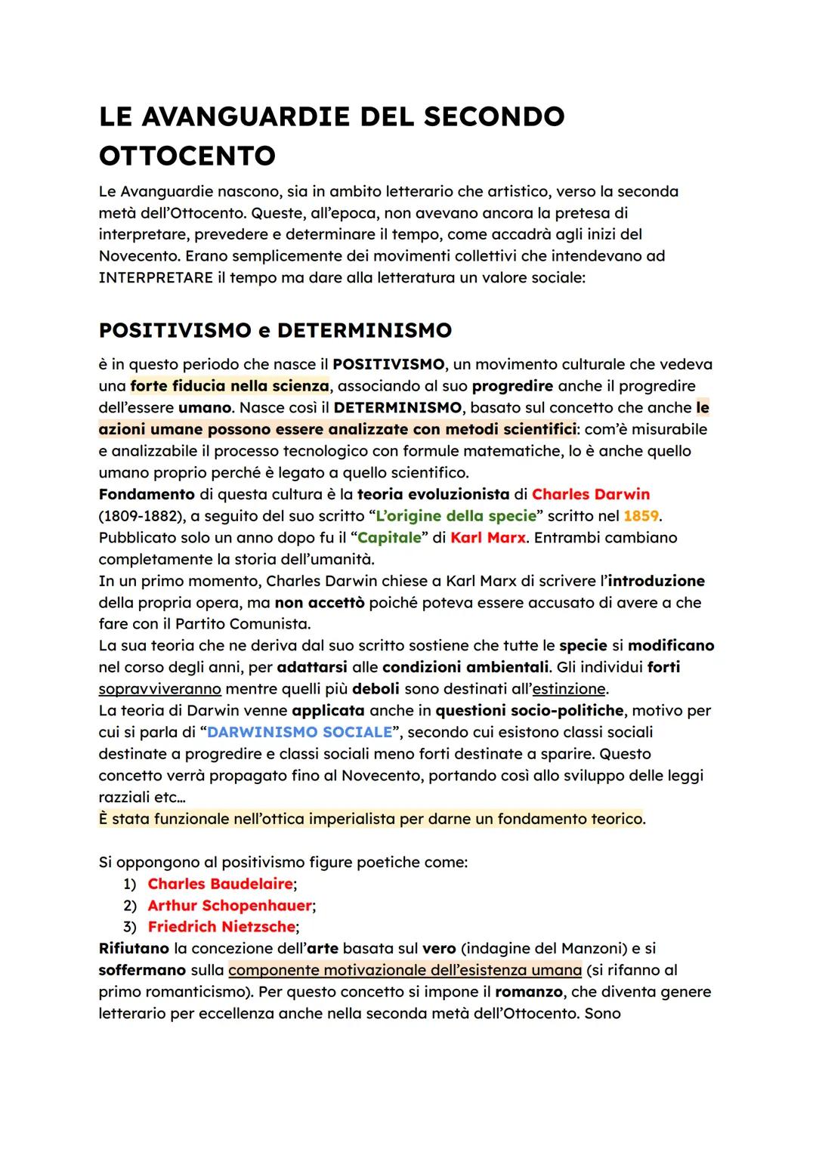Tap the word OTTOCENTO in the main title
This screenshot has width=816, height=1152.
pos(187,156)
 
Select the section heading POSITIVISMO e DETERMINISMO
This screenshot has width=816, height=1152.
pos(275,331)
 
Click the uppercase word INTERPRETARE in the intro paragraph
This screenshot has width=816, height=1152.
pos(156,277)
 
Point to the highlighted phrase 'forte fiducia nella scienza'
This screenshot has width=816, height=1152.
pos(230,386)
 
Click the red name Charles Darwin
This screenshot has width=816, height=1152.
pos(590,494)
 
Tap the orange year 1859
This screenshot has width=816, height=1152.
pos(641,516)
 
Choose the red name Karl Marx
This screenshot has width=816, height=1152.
pos(487,538)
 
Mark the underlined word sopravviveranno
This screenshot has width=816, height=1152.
pos(159,689)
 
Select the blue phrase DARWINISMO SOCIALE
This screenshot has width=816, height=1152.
pos(299,732)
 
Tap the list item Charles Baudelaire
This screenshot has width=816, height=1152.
pos(220,884)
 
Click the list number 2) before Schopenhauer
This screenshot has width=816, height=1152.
pos(130,906)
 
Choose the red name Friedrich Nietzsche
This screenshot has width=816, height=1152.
pos(221,927)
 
